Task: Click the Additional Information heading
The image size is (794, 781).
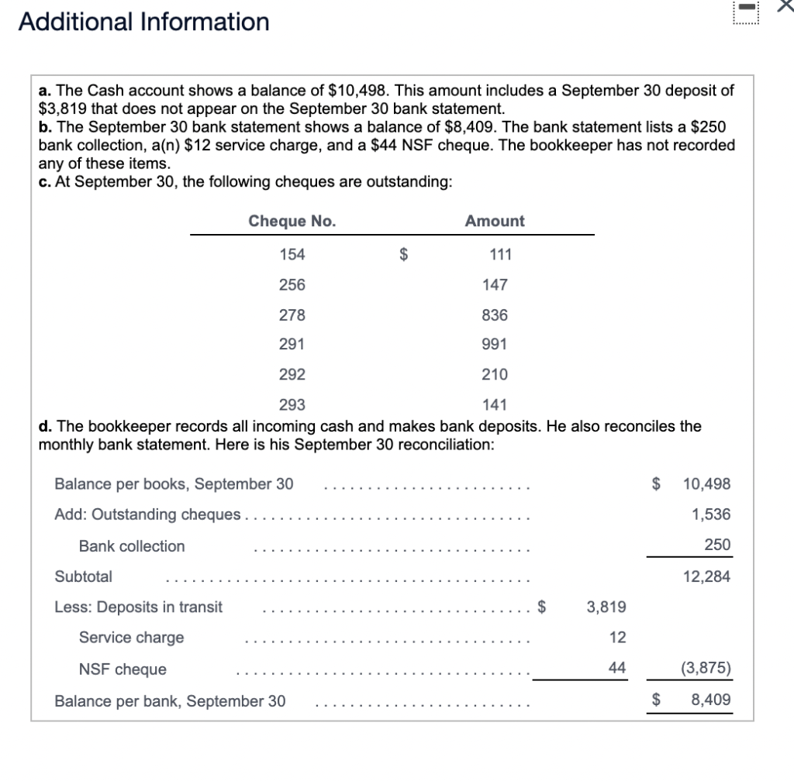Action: [144, 22]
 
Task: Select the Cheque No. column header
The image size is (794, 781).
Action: [292, 221]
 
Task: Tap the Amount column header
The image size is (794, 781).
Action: [495, 221]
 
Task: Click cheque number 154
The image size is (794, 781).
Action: [292, 254]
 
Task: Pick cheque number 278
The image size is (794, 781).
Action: [292, 315]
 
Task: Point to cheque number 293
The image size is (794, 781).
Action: [292, 404]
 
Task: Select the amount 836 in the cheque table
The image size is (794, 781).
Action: [495, 315]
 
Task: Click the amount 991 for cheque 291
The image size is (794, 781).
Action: [495, 344]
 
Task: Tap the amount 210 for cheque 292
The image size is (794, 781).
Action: [495, 374]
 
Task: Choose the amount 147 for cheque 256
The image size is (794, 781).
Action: [495, 284]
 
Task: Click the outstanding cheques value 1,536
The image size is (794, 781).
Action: [712, 514]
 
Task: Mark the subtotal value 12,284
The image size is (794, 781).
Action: [706, 576]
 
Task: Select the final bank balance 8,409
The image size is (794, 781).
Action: [710, 700]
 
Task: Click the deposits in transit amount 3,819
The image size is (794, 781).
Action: [606, 607]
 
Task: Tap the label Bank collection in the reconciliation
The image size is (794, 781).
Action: [132, 546]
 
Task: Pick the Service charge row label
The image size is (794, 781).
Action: [132, 638]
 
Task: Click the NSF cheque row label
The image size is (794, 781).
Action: [123, 669]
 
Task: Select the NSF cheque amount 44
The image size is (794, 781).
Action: [617, 668]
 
